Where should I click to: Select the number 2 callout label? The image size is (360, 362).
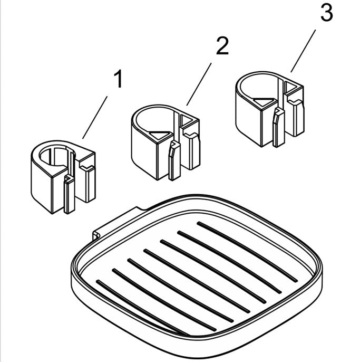[x=222, y=47]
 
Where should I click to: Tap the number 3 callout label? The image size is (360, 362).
[x=326, y=13]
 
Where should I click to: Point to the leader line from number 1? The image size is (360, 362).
[x=96, y=117]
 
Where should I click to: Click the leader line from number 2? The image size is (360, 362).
[x=200, y=83]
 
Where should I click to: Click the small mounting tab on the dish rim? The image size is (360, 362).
[x=98, y=234]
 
